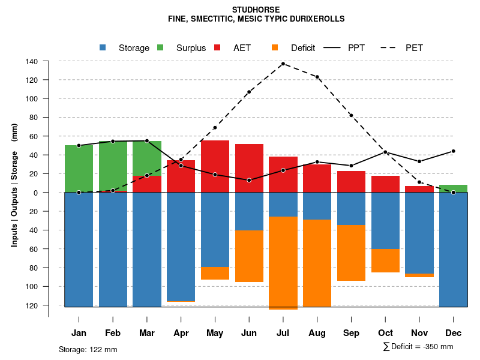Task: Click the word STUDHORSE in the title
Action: pyautogui.click(x=256, y=10)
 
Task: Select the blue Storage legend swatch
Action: pyautogui.click(x=103, y=48)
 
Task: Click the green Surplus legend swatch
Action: pyautogui.click(x=160, y=48)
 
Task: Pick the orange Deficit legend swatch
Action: pyautogui.click(x=275, y=48)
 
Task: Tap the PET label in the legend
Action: pyautogui.click(x=414, y=48)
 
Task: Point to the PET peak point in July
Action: pyautogui.click(x=283, y=64)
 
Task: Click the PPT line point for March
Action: pyautogui.click(x=147, y=140)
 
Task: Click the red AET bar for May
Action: pyautogui.click(x=215, y=166)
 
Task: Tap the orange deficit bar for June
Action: pyautogui.click(x=249, y=256)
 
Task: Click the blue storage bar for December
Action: pyautogui.click(x=453, y=250)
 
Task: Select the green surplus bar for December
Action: pyautogui.click(x=453, y=188)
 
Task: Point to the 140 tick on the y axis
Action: pyautogui.click(x=32, y=61)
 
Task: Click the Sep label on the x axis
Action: pyautogui.click(x=352, y=333)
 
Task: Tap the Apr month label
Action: pyautogui.click(x=181, y=333)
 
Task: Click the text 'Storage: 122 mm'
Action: pyautogui.click(x=88, y=349)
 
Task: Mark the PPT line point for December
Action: pyautogui.click(x=453, y=151)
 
